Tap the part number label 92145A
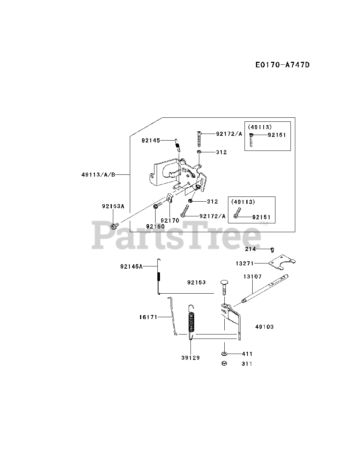click(131, 266)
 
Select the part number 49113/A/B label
click(98, 174)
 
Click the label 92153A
click(113, 207)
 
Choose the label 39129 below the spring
click(190, 357)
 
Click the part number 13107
click(252, 276)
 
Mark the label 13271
click(245, 263)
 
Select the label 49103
click(264, 326)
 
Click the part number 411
click(247, 354)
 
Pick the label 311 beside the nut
click(247, 364)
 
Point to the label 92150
click(155, 226)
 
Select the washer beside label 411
click(224, 354)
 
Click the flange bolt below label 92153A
click(114, 224)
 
